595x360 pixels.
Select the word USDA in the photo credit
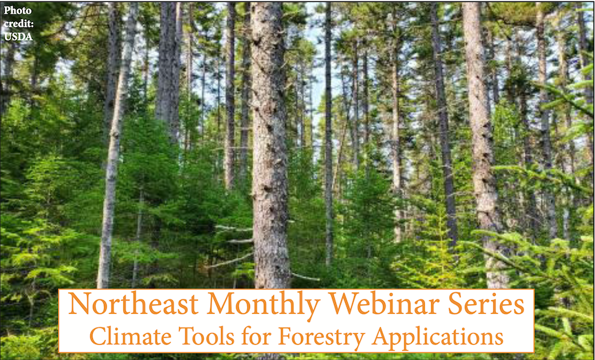19,37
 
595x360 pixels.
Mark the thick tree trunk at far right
481,138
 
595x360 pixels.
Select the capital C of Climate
98,337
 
